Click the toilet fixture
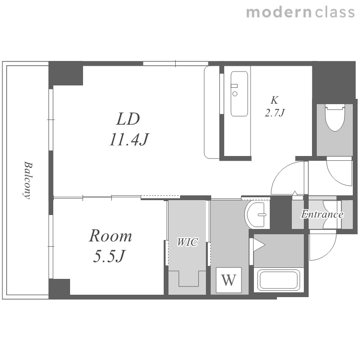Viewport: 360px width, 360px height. [x=335, y=118]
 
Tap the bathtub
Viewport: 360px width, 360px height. [x=278, y=280]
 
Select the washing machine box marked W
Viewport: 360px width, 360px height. [x=228, y=280]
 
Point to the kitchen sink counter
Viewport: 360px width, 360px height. [x=239, y=94]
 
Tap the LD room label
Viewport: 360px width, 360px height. [x=128, y=119]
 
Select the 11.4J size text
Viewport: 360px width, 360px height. [x=129, y=139]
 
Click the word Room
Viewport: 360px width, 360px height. [x=110, y=236]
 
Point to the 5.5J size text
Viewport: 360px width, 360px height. [x=109, y=256]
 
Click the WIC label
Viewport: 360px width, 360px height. [x=187, y=242]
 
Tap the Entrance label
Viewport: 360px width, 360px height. [x=322, y=215]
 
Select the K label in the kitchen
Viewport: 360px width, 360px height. [x=275, y=100]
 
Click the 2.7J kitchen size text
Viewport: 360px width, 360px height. [x=275, y=113]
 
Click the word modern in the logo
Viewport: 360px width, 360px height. [x=279, y=12]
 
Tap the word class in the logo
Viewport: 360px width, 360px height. [x=335, y=12]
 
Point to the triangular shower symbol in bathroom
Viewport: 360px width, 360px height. [x=259, y=245]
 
